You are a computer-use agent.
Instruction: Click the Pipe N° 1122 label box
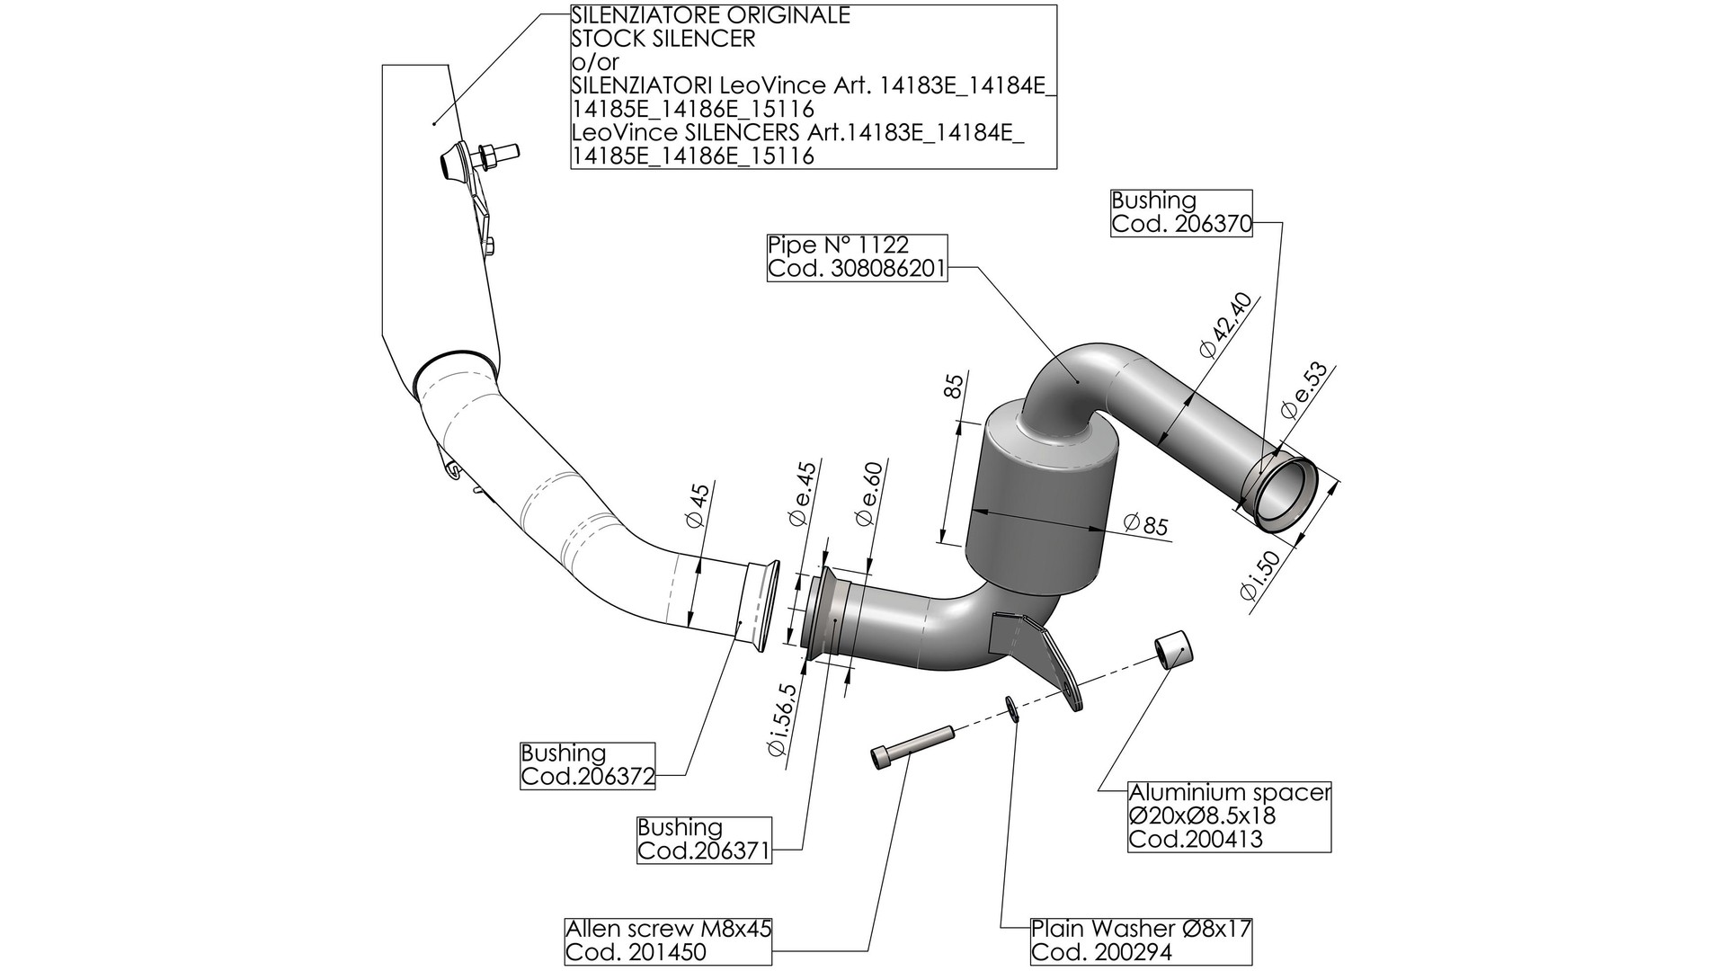click(x=857, y=258)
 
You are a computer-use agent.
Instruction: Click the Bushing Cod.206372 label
click(x=587, y=765)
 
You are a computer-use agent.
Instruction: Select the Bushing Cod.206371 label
click(x=704, y=840)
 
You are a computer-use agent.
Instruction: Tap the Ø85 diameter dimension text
click(x=1145, y=524)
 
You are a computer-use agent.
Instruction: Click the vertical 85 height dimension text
click(x=955, y=386)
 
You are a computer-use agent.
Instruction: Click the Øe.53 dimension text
click(x=1303, y=390)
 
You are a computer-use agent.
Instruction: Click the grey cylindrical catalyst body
click(x=1043, y=503)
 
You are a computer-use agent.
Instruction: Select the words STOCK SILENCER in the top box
click(x=663, y=40)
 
